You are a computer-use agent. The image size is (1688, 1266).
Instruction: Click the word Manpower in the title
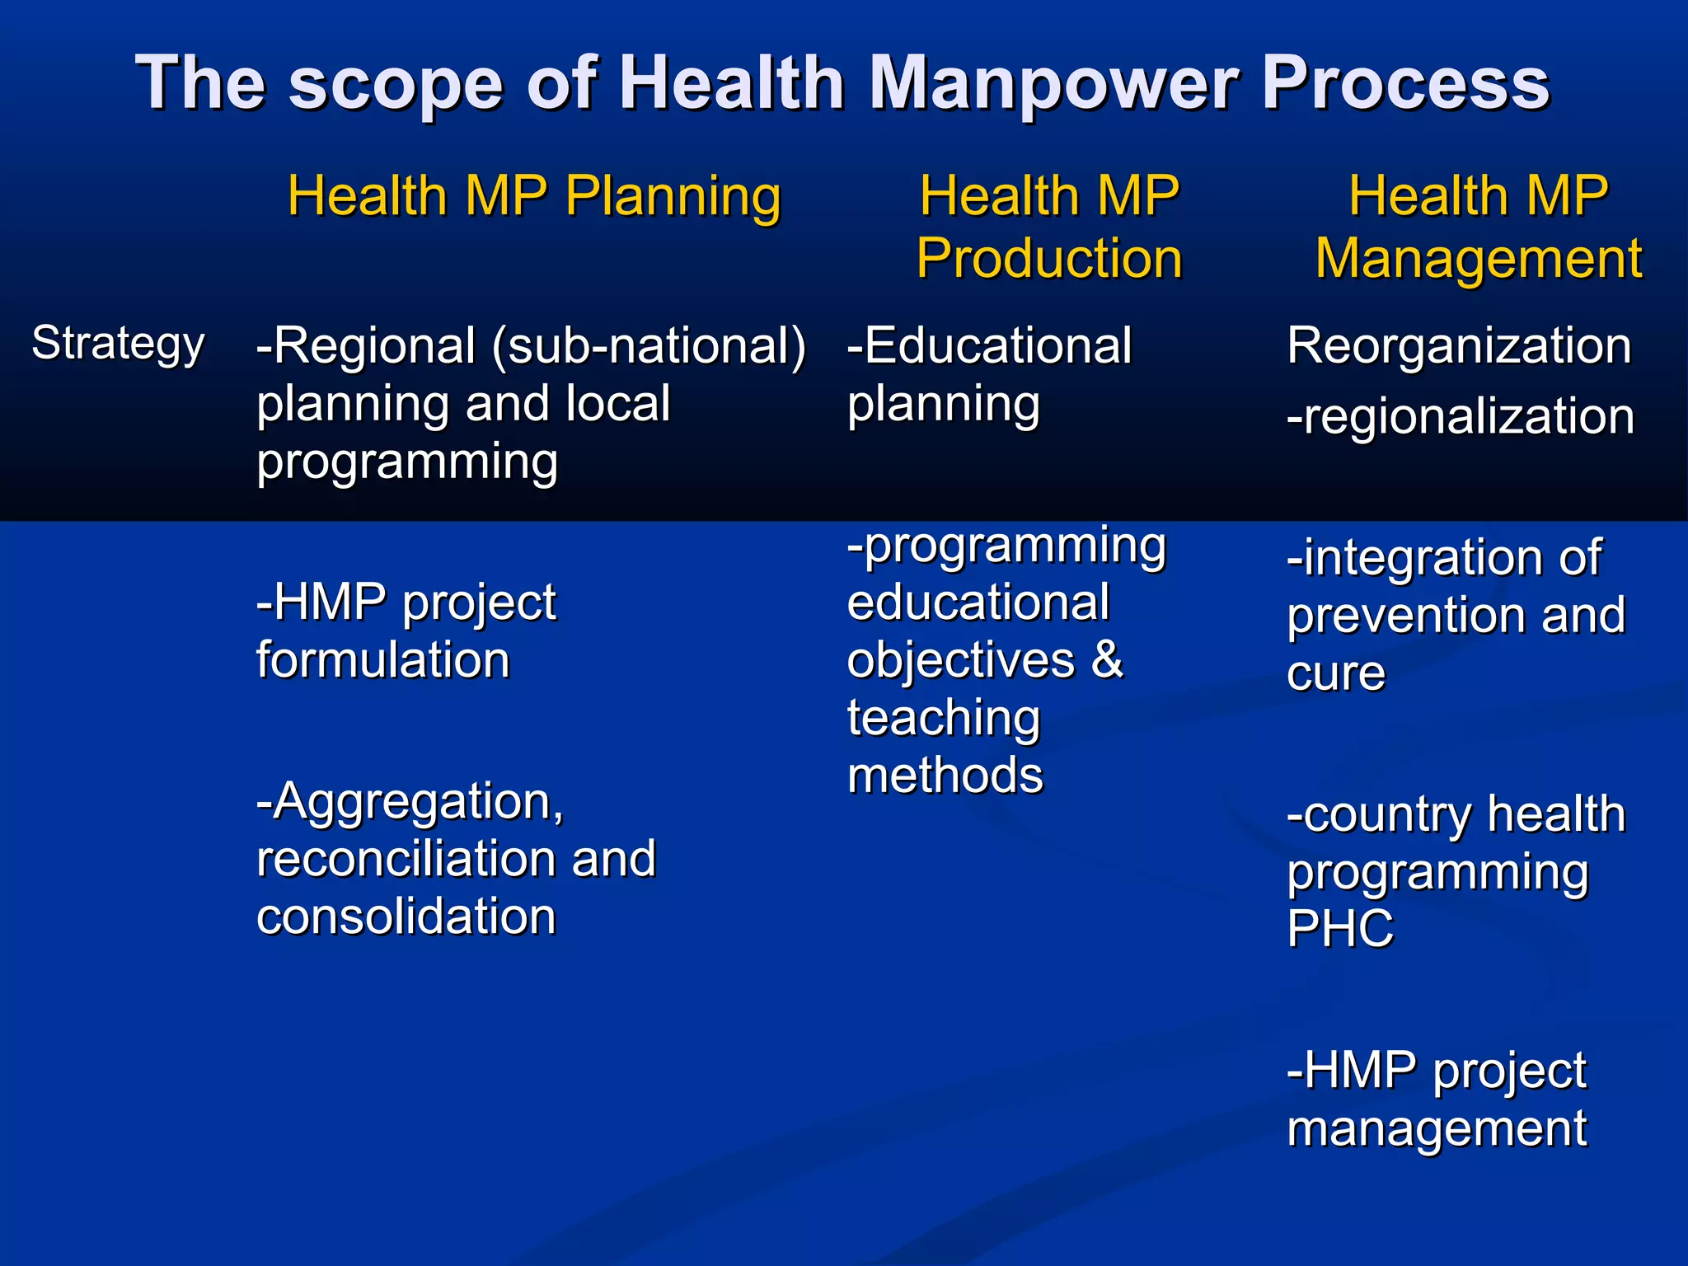point(1053,83)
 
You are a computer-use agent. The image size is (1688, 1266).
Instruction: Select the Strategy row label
point(118,344)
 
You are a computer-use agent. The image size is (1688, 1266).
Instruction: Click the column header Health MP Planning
point(533,196)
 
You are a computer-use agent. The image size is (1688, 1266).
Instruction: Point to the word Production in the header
point(1049,259)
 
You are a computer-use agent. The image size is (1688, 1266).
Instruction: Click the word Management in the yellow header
point(1478,259)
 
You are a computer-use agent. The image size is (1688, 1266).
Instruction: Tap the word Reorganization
point(1459,345)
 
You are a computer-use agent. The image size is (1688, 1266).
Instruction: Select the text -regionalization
point(1460,416)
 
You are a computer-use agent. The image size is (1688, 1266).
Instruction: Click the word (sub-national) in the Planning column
point(649,346)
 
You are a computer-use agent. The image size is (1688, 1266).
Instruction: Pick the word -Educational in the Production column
point(989,345)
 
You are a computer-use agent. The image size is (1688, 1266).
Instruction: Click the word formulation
point(382,660)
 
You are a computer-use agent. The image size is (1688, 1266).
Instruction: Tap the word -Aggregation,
point(410,801)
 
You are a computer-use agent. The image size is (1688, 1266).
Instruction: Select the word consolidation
point(406,917)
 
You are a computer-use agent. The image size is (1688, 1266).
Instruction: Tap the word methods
point(945,776)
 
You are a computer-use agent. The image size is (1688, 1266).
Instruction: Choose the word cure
point(1335,673)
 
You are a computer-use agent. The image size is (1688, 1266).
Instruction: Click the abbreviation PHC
point(1339,929)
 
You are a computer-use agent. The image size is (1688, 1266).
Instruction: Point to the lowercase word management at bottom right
point(1436,1128)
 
